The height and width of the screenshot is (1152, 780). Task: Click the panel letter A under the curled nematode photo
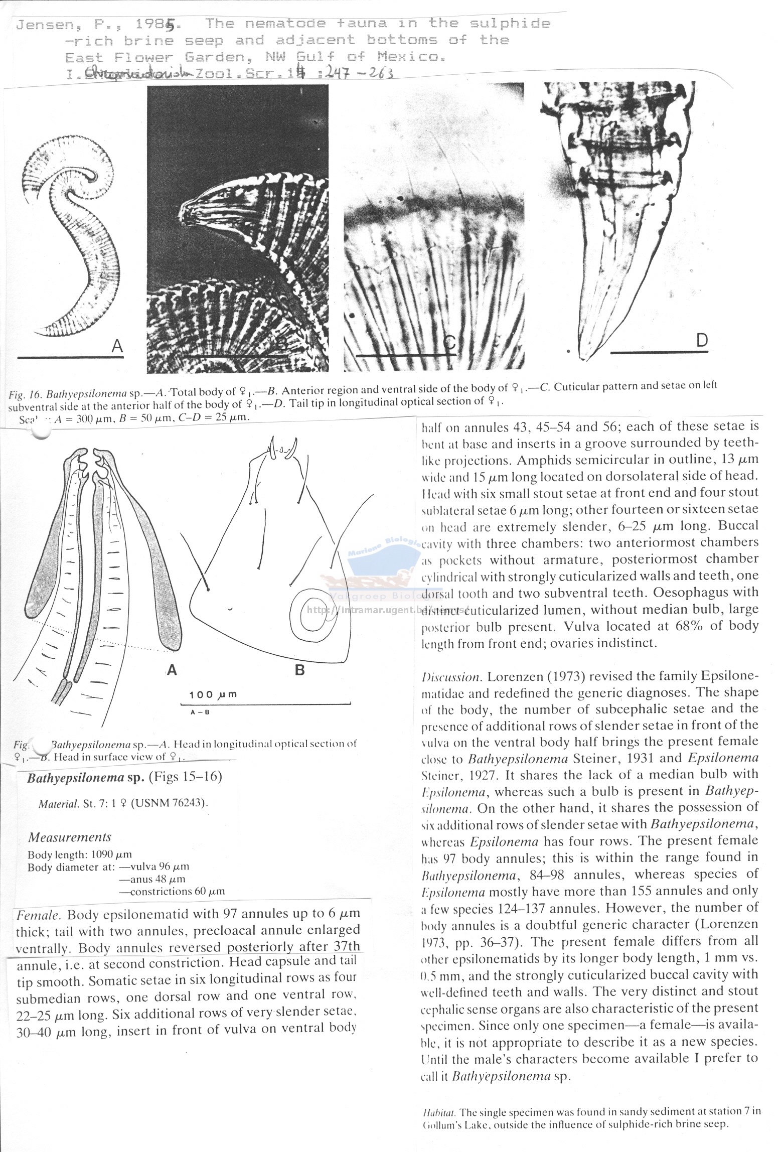tap(117, 346)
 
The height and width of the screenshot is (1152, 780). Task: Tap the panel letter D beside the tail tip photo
tap(702, 341)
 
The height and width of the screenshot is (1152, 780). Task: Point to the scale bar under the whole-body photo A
tap(70, 357)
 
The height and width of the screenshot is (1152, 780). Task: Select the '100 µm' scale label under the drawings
tap(213, 695)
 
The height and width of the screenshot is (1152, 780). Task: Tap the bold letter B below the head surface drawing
tap(300, 670)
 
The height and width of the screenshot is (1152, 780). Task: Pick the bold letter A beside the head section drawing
tap(172, 669)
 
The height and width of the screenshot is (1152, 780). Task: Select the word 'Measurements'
tap(70, 837)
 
